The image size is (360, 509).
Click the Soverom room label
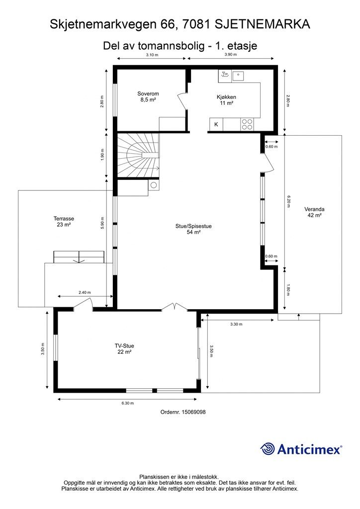148,97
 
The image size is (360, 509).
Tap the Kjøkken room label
226,100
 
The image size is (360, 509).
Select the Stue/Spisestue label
193,229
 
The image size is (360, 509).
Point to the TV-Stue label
124,349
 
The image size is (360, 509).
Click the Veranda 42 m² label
314,212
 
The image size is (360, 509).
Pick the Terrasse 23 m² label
64,222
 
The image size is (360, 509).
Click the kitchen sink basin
238,76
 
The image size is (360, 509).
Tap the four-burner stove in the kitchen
247,124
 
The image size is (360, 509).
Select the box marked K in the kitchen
216,124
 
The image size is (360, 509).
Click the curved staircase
138,155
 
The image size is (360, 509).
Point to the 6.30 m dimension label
128,403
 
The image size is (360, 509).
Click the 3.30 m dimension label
236,324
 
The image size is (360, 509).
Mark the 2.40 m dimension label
85,292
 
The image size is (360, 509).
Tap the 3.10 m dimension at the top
152,55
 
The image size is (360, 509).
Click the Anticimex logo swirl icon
267,449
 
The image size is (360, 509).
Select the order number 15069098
194,412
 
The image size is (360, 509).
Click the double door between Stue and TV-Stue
175,307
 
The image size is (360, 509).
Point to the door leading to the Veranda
268,163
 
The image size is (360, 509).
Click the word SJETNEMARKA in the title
262,24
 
